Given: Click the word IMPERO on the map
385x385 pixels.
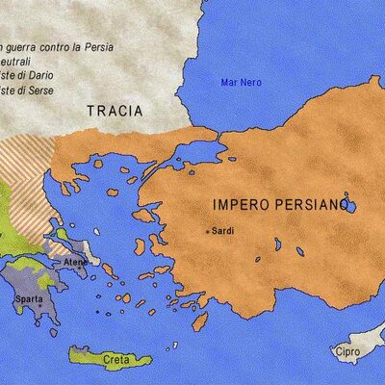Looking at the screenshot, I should pos(240,205).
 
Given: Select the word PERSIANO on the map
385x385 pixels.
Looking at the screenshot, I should pos(308,205).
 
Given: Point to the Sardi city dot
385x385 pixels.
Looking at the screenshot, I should pos(207,231).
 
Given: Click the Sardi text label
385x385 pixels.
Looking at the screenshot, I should pos(223,231).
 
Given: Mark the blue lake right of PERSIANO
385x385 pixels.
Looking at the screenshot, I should pos(350,206).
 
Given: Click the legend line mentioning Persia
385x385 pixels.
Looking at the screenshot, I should pos(53,45).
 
